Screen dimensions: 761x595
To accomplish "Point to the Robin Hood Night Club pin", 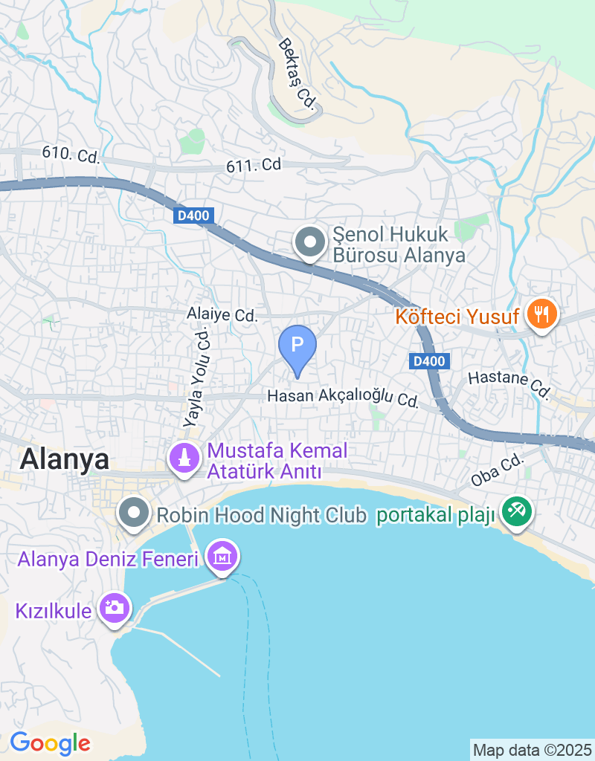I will (134, 513).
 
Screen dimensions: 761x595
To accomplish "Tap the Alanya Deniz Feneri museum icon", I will (222, 556).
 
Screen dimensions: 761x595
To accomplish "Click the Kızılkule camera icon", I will (115, 608).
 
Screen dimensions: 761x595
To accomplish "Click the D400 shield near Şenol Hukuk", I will (196, 216).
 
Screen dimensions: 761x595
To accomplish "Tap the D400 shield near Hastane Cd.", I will (429, 361).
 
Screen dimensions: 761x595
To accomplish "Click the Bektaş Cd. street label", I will (297, 77).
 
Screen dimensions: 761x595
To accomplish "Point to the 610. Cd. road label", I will (71, 155).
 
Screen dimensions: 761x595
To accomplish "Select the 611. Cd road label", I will (254, 166).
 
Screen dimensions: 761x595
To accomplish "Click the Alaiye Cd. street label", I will (222, 315).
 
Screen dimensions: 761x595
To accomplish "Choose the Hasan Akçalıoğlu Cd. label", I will (342, 397).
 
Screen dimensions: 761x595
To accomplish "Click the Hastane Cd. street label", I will (509, 383).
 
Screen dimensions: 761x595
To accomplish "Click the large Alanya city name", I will (65, 459).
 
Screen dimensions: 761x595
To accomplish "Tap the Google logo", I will (50, 742).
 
